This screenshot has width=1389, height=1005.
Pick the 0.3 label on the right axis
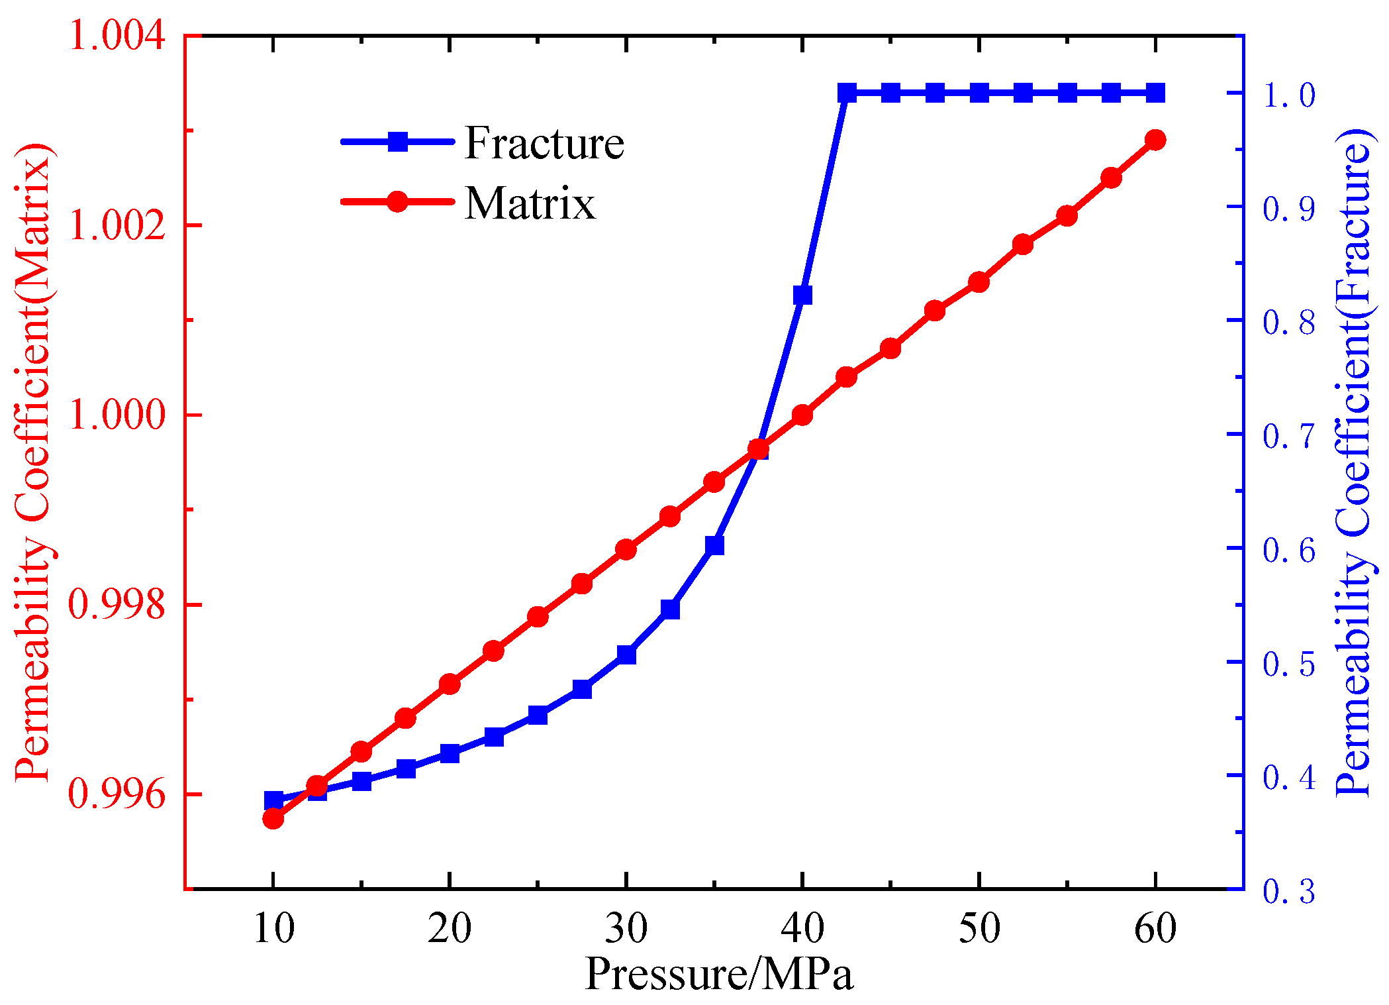coord(1288,890)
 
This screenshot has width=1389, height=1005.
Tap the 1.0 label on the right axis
coord(1288,94)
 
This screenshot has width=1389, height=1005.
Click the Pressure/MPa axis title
coord(719,974)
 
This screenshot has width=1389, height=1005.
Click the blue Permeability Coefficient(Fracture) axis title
coord(1353,462)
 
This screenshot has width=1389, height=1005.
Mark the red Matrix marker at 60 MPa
coord(1155,140)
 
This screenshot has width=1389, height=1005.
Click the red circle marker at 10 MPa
coord(273,819)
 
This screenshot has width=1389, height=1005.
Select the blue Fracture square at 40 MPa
coord(802,295)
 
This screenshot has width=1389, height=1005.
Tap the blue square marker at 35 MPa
coord(714,545)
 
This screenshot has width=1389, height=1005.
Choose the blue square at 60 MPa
coord(1155,93)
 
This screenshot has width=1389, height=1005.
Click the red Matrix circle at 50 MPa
coord(979,282)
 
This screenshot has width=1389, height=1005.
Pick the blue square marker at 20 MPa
coord(450,753)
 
